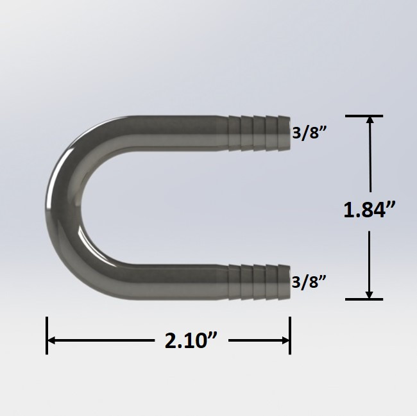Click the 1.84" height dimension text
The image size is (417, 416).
[369, 210]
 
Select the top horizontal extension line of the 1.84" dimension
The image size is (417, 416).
[364, 116]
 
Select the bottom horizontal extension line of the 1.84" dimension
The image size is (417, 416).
[364, 299]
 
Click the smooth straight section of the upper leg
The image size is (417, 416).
[173, 133]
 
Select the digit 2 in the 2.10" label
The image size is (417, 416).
[171, 341]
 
